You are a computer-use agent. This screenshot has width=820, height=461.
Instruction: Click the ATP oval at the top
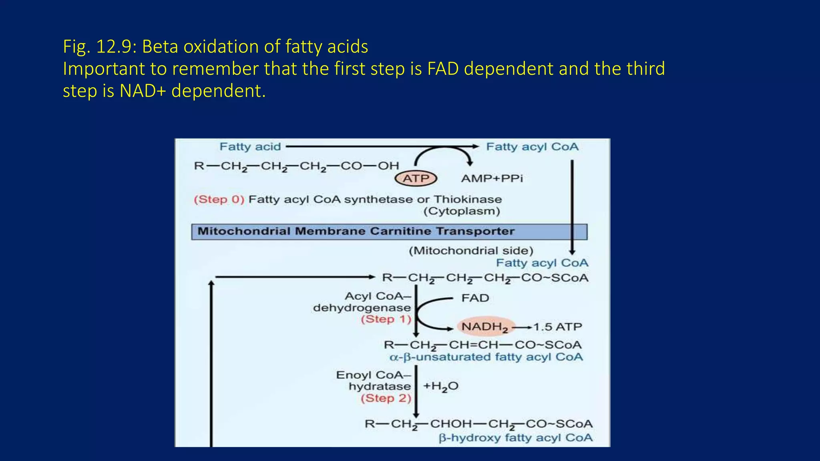click(416, 178)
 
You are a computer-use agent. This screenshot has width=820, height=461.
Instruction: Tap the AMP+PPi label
click(492, 178)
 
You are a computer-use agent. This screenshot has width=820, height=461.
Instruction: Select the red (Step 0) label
click(219, 199)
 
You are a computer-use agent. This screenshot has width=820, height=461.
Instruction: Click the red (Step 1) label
click(386, 319)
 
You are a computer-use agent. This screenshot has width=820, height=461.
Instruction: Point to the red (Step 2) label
click(386, 398)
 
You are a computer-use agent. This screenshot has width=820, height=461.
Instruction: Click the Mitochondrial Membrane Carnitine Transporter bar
click(389, 232)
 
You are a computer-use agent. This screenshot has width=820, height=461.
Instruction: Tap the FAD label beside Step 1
click(475, 298)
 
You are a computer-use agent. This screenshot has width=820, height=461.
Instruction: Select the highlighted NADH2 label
click(484, 327)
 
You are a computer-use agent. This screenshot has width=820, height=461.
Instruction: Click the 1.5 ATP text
click(557, 327)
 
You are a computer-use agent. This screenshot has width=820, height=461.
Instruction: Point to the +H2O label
click(440, 386)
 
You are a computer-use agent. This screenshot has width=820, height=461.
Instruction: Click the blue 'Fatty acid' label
click(250, 147)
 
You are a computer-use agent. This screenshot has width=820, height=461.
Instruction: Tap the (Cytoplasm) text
click(462, 211)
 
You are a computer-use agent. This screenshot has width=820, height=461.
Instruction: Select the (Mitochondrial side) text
click(471, 251)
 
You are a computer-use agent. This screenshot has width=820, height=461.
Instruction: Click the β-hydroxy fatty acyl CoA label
click(516, 438)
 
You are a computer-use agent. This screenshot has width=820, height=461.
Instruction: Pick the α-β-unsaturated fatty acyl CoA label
click(486, 357)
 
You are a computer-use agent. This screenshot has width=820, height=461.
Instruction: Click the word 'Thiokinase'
click(468, 199)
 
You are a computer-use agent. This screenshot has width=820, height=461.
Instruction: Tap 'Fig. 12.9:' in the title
click(100, 46)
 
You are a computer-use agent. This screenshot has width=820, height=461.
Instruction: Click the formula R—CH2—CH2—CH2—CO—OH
click(296, 166)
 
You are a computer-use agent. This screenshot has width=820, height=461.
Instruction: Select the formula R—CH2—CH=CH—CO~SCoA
click(482, 345)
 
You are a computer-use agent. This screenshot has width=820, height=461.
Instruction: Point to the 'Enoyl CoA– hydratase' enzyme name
click(373, 381)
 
